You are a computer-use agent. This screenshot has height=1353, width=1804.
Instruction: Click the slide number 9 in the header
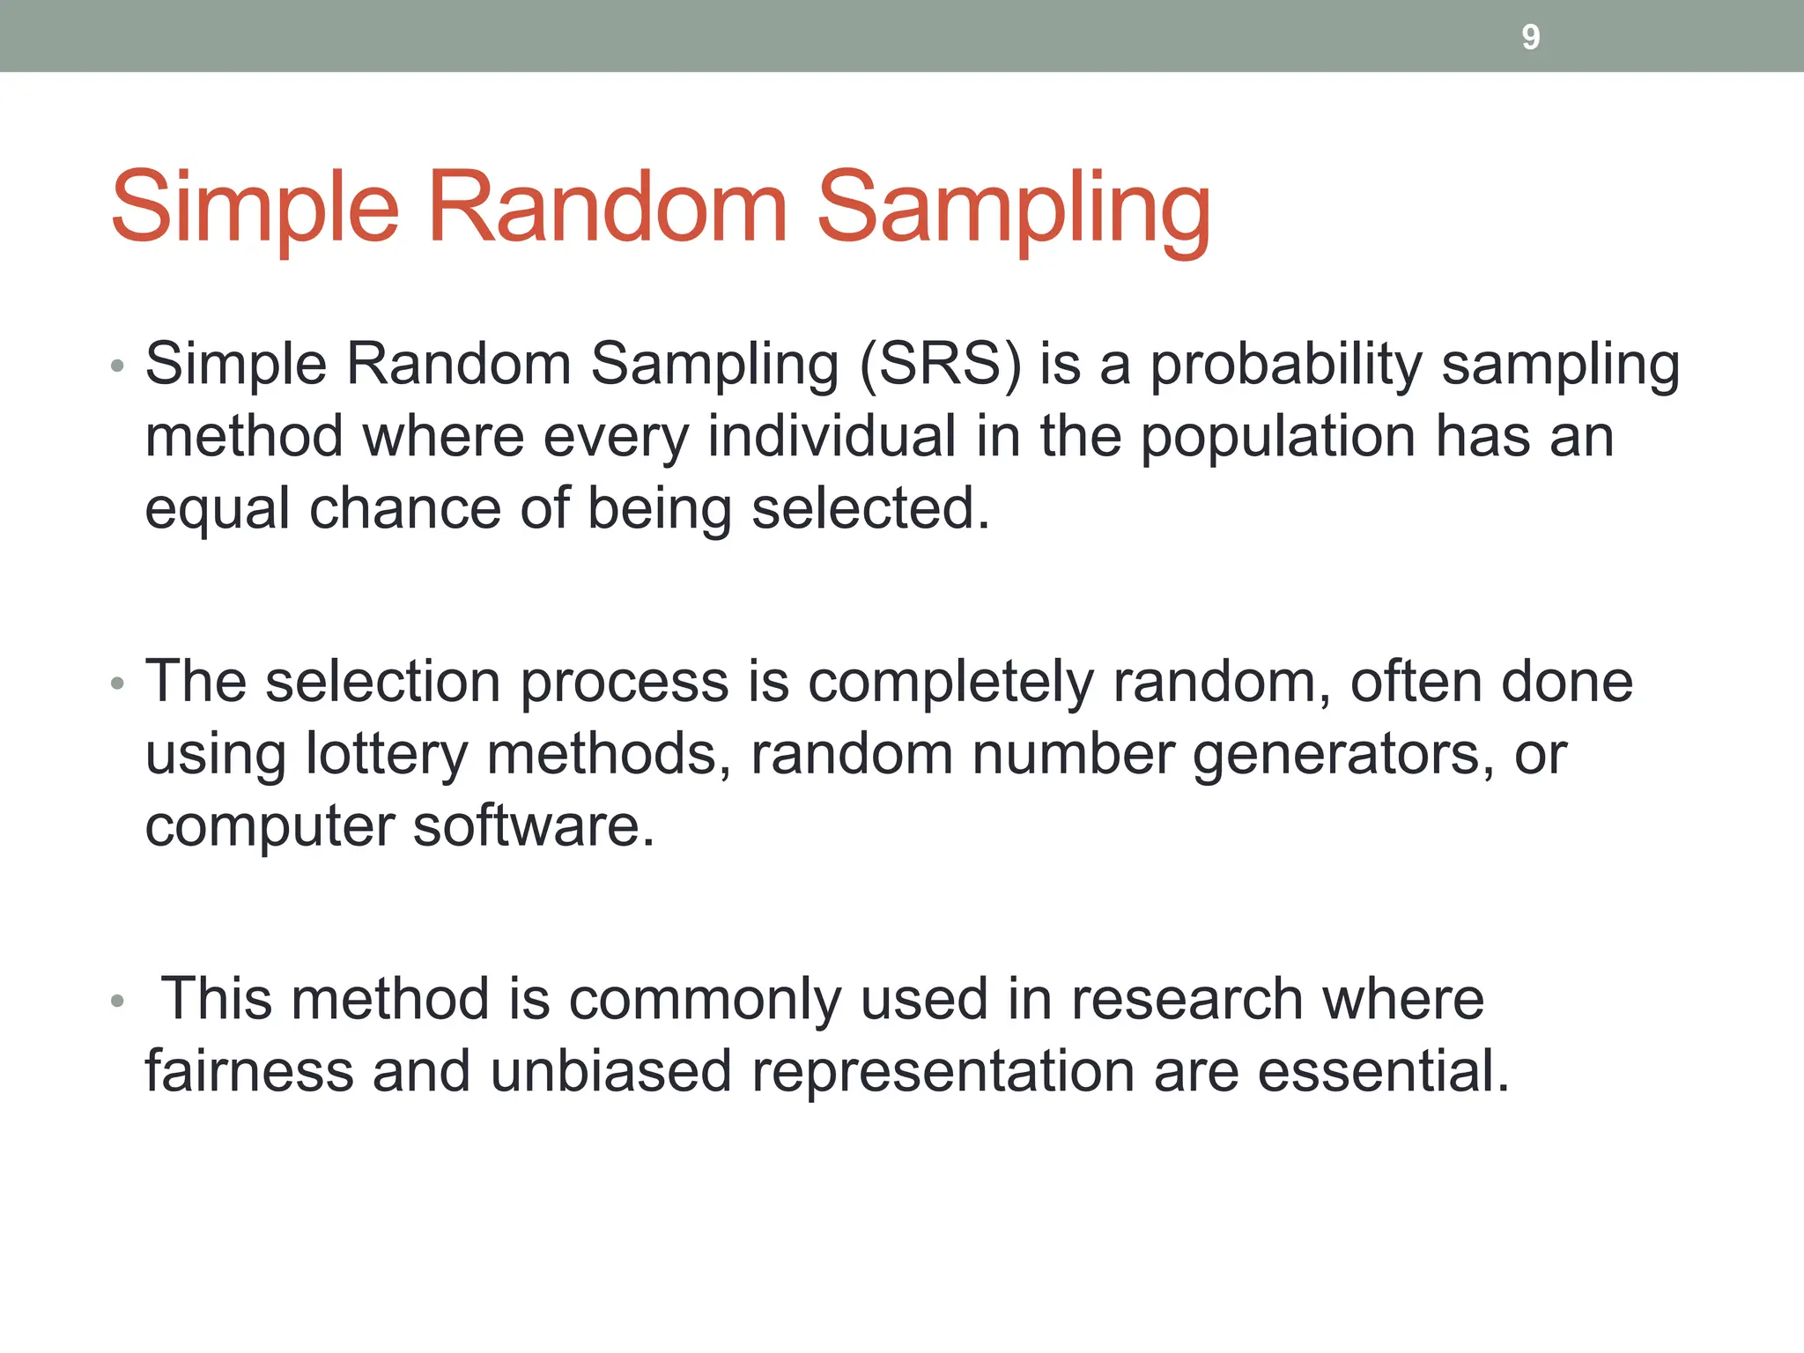pyautogui.click(x=1530, y=37)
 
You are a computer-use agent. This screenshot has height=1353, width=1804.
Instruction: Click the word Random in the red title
pyautogui.click(x=607, y=208)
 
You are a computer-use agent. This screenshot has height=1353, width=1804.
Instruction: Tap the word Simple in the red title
pyautogui.click(x=255, y=208)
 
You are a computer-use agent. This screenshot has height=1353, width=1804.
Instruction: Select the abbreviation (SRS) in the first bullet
pyautogui.click(x=940, y=364)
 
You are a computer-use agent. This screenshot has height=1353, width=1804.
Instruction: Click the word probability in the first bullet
pyautogui.click(x=1286, y=364)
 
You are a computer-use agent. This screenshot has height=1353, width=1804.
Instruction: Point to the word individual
pyautogui.click(x=832, y=437)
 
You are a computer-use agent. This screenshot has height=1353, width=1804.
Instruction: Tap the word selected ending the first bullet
pyautogui.click(x=870, y=509)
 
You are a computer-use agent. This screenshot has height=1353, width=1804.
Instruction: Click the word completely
pyautogui.click(x=950, y=682)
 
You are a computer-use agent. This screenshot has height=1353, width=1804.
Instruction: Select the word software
pyautogui.click(x=533, y=827)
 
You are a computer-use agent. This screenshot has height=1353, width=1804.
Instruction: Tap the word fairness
pyautogui.click(x=248, y=1072)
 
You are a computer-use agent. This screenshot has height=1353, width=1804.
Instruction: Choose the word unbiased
pyautogui.click(x=610, y=1072)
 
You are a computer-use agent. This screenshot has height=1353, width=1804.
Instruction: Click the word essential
pyautogui.click(x=1383, y=1072)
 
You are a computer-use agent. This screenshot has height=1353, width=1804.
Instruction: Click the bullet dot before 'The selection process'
pyautogui.click(x=118, y=684)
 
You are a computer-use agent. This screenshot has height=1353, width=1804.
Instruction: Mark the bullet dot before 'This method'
pyautogui.click(x=118, y=1002)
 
